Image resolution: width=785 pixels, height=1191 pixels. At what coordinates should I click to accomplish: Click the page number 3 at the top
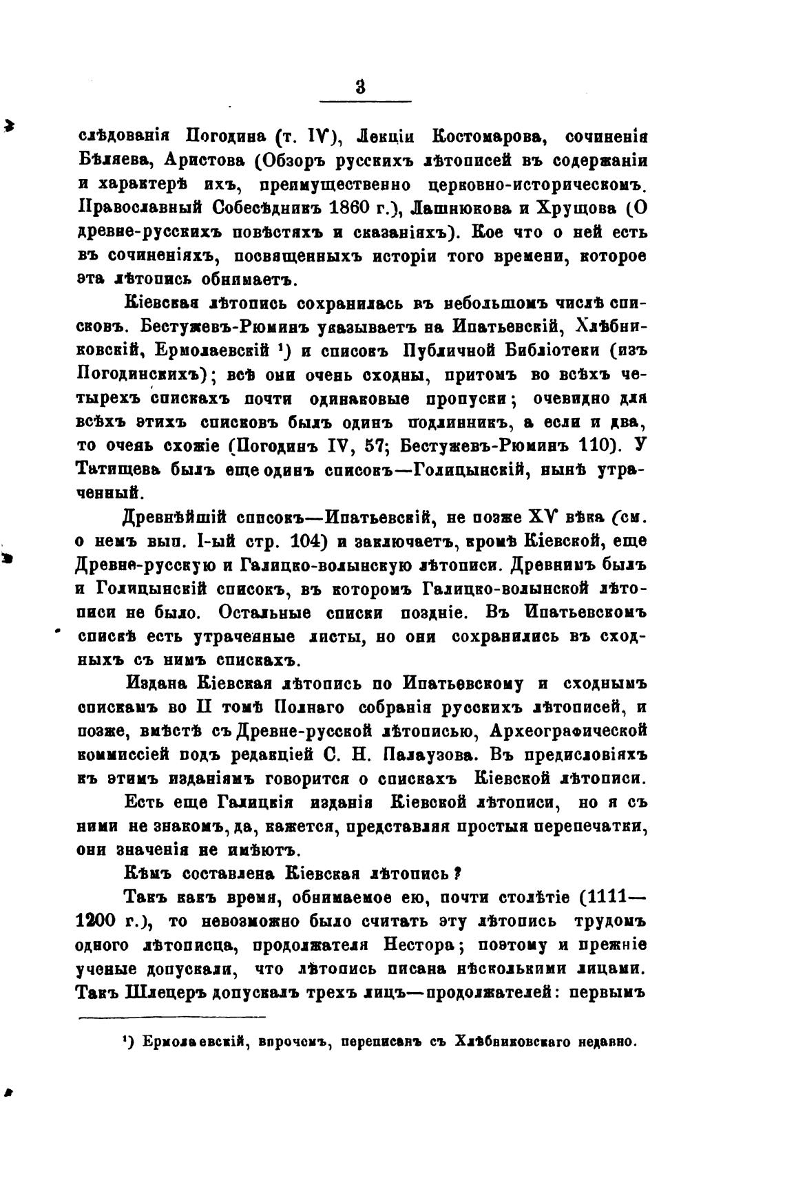tap(359, 87)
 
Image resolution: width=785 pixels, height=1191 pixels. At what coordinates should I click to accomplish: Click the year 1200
tap(98, 922)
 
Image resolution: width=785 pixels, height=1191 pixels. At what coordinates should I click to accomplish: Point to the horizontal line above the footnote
tap(171, 1016)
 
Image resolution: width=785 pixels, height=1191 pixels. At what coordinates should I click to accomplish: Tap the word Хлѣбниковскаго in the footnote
tap(513, 1042)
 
